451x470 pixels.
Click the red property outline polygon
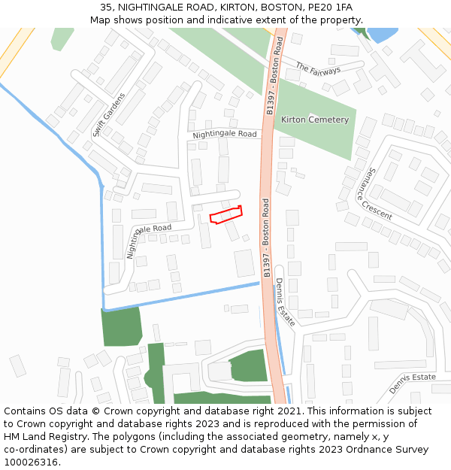226,215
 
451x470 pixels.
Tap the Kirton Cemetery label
315,120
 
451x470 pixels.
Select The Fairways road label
318,68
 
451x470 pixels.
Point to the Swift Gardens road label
109,114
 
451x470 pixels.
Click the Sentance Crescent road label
375,193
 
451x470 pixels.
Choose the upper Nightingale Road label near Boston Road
224,135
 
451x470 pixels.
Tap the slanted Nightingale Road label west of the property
148,238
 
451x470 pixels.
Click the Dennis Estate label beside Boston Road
284,302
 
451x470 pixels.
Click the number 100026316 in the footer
30,462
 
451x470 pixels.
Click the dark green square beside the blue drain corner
122,326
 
